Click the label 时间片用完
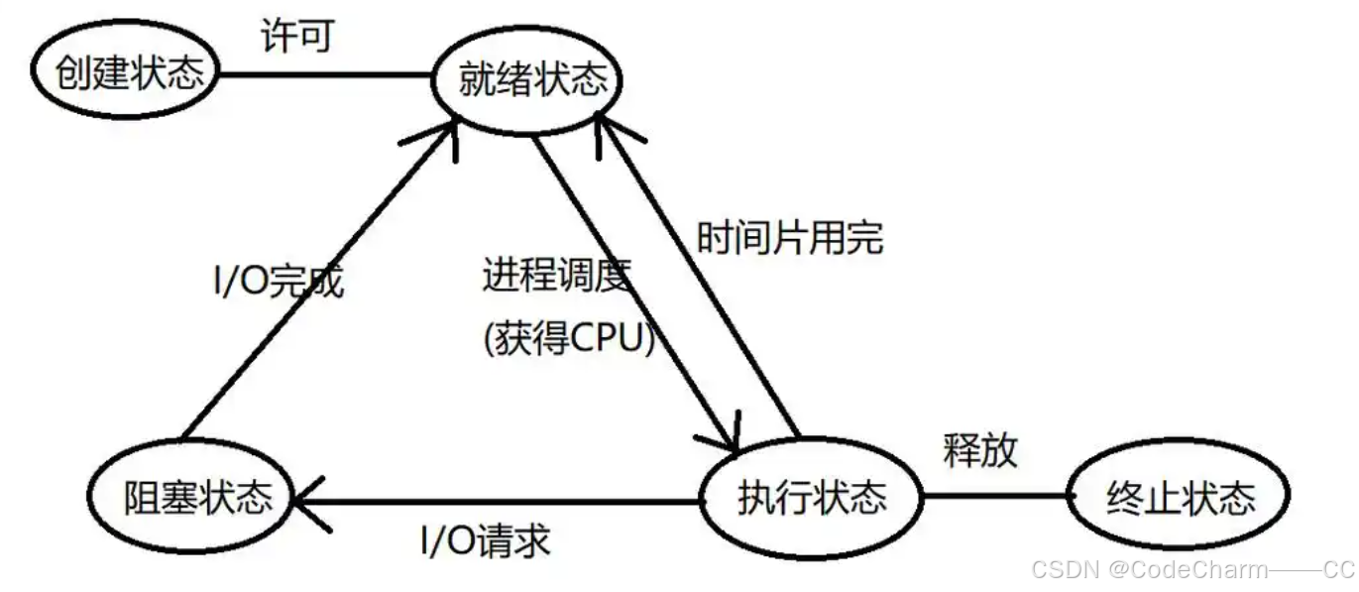[x=789, y=238]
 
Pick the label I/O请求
[x=486, y=541]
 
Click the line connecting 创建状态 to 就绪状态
[x=327, y=74]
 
